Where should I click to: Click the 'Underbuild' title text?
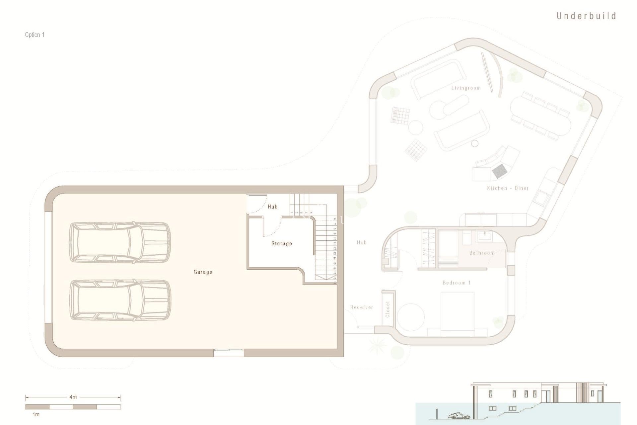point(586,16)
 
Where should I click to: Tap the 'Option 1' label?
point(35,35)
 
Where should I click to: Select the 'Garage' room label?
point(203,272)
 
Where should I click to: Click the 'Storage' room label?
point(282,243)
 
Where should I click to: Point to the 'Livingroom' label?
point(466,88)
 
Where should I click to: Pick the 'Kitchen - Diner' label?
point(508,188)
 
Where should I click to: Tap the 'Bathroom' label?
point(482,253)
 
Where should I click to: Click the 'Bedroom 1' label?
point(457,283)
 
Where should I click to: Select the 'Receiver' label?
point(362,307)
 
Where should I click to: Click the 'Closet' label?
point(388,309)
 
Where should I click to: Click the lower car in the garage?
point(120,300)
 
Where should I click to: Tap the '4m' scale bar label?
point(73,397)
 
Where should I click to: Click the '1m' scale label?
point(35,414)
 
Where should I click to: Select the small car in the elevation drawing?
point(459,416)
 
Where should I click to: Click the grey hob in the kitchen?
point(499,171)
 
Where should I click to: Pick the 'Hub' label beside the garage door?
point(272,207)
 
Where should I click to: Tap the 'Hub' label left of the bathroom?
point(362,242)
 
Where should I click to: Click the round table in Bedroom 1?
point(411,317)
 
